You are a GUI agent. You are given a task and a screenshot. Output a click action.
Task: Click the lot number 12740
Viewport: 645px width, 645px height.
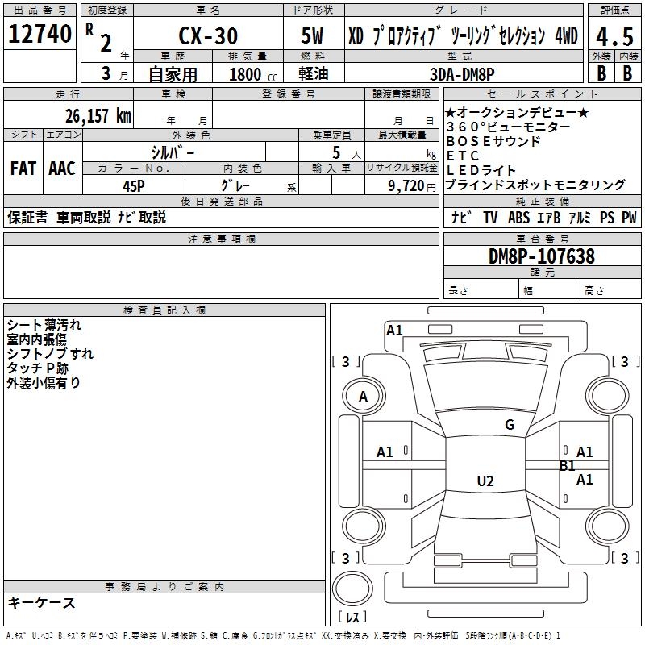[40, 34]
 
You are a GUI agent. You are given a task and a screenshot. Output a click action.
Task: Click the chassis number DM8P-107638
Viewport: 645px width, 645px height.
[542, 256]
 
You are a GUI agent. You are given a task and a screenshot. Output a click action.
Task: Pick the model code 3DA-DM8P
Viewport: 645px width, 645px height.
[468, 73]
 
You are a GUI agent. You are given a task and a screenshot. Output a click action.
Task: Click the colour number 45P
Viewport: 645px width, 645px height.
[134, 184]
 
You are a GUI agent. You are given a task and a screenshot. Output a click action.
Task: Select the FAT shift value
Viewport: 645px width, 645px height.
[23, 169]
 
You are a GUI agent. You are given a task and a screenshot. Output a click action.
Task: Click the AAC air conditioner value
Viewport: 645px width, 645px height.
[61, 169]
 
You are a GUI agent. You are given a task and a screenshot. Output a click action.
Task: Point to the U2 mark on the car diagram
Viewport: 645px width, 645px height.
[485, 481]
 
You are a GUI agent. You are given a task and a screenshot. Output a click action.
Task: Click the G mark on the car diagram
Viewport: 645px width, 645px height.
[510, 425]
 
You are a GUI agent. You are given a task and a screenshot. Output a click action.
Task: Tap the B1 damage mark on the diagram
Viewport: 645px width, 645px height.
[567, 465]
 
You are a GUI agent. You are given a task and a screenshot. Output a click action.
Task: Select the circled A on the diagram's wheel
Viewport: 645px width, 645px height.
[363, 397]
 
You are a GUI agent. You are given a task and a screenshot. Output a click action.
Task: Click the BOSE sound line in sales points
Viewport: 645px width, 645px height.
[493, 141]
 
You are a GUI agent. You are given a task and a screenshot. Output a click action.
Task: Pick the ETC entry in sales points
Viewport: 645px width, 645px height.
[463, 156]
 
